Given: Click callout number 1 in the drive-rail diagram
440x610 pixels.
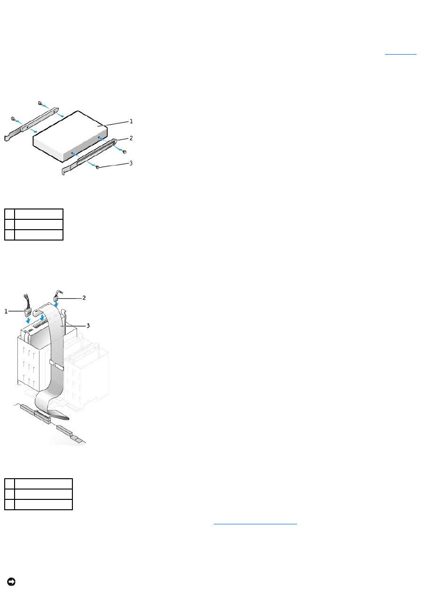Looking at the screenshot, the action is tap(131, 121).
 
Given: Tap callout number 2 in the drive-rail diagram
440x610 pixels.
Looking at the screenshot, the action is tap(131, 138).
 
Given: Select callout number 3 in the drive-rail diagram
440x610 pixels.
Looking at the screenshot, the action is tap(131, 163).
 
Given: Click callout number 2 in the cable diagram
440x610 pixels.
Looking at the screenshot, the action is tap(84, 298).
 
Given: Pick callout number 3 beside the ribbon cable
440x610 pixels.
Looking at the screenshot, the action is tap(87, 325).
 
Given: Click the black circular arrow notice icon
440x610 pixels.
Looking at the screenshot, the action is tap(11, 582).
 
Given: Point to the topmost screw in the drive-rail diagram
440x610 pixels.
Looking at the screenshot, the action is tap(41, 103).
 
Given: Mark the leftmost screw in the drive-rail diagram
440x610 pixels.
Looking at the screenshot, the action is tap(14, 119).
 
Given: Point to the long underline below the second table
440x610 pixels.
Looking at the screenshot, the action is tap(255, 523).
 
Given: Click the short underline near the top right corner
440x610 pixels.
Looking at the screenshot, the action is tap(401, 55).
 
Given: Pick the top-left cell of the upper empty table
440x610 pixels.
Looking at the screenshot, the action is tap(9, 214).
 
